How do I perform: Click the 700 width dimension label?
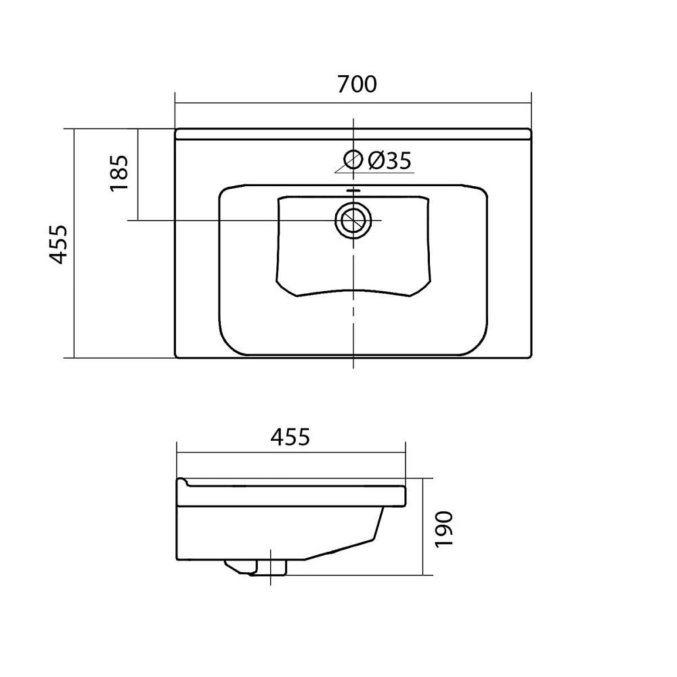click(357, 84)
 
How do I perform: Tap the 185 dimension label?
click(119, 173)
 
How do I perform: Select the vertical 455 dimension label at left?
click(58, 244)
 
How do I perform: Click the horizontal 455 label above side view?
click(290, 437)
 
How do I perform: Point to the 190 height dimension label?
click(443, 529)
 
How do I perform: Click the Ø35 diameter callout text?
click(389, 161)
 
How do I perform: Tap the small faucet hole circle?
click(353, 159)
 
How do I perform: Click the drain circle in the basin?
click(353, 220)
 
